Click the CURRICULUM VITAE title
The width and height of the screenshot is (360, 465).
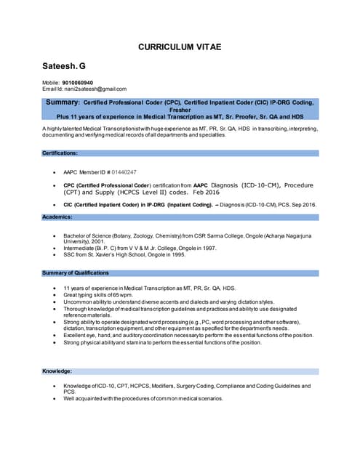pyautogui.click(x=180, y=47)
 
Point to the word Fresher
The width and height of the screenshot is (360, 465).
pyautogui.click(x=180, y=110)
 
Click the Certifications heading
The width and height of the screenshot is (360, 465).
pyautogui.click(x=60, y=153)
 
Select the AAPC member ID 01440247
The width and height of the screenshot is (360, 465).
pyautogui.click(x=124, y=172)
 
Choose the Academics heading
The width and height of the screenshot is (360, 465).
pyautogui.click(x=57, y=217)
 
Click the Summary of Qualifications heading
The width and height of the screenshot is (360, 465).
pyautogui.click(x=76, y=273)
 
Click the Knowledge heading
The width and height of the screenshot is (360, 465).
pyautogui.click(x=57, y=371)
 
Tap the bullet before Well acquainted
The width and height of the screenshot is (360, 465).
pyautogui.click(x=55, y=399)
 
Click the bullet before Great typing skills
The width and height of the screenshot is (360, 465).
pyautogui.click(x=55, y=296)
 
